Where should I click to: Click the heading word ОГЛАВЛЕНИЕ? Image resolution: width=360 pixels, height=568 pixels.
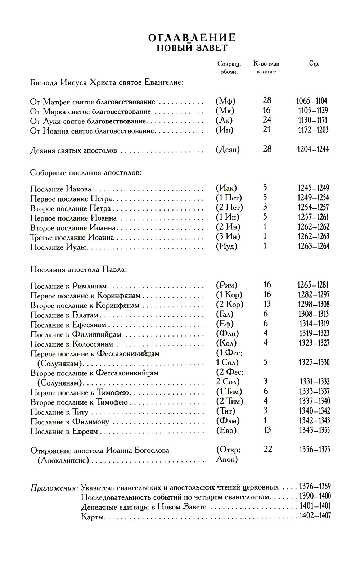192,38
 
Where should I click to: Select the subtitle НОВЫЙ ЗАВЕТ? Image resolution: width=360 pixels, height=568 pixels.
192,48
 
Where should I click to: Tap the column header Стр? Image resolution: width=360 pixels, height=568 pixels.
314,64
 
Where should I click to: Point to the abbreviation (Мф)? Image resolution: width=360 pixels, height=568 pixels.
225,101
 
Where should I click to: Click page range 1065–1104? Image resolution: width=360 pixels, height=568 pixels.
312,101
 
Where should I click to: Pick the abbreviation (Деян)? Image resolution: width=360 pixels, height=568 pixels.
228,149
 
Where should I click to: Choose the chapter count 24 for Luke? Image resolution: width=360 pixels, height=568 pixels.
267,120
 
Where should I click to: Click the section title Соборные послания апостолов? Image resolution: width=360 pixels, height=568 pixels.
86,173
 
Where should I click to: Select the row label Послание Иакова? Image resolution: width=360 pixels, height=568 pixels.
61,189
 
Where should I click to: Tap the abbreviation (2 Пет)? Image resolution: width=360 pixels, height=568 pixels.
229,208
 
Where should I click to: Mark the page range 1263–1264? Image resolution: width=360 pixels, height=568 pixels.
313,247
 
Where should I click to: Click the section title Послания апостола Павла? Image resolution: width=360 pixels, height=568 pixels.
78,269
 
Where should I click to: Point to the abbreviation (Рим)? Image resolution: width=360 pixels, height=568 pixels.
226,285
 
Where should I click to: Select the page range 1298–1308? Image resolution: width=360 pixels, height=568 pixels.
313,305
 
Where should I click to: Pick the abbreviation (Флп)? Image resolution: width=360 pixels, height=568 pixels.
227,334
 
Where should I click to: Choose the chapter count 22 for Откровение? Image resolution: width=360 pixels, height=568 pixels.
268,450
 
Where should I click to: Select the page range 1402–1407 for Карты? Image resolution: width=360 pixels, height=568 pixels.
315,516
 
